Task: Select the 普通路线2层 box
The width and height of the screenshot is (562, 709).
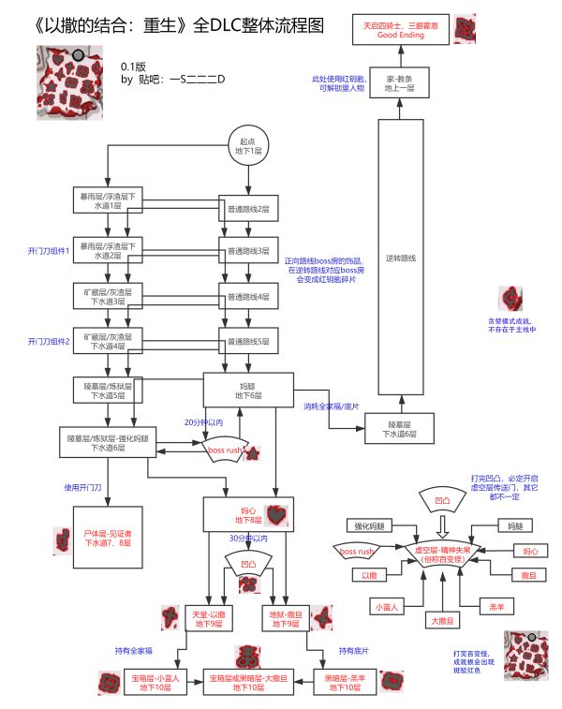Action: click(x=249, y=208)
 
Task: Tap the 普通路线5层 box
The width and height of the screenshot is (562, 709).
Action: click(x=249, y=341)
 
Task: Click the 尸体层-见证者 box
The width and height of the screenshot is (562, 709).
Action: click(x=109, y=537)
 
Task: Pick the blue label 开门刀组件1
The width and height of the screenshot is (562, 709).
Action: click(x=49, y=251)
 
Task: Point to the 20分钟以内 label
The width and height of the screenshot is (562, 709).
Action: click(x=204, y=422)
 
